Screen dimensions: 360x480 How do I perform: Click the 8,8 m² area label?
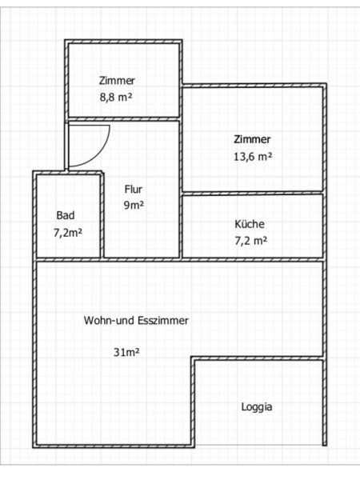[116, 98]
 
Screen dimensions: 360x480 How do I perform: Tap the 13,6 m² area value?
[253, 157]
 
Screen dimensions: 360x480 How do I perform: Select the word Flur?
[133, 189]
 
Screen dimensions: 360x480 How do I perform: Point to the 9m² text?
[134, 205]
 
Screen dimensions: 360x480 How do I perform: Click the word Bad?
[66, 215]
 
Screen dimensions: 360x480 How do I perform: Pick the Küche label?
[250, 224]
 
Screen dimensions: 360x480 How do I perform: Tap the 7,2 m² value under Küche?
[250, 241]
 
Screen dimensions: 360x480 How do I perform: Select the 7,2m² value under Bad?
[68, 233]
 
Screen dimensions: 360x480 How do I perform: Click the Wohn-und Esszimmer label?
[136, 321]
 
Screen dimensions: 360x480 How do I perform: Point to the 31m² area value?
[126, 352]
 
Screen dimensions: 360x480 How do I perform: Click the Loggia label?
[257, 407]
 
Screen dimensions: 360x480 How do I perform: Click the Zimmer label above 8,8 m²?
[117, 81]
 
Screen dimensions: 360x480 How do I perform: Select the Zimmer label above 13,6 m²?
[252, 139]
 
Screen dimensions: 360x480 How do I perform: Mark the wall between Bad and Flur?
[102, 215]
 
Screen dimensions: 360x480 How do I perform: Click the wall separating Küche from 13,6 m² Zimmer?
[253, 193]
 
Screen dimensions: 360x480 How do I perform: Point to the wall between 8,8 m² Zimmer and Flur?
[124, 119]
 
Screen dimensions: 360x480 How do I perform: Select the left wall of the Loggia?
[193, 402]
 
